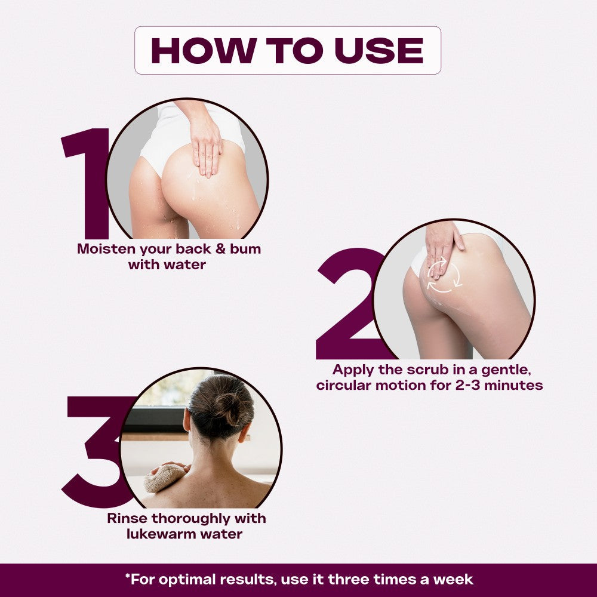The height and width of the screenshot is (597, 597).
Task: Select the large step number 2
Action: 350,303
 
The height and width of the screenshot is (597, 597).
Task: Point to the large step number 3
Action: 97,452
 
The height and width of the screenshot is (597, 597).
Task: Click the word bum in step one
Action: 245,249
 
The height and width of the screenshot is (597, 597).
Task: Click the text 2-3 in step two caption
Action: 468,385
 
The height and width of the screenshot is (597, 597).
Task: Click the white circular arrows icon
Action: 444,275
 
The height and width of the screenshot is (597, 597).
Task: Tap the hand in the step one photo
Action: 205,144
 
